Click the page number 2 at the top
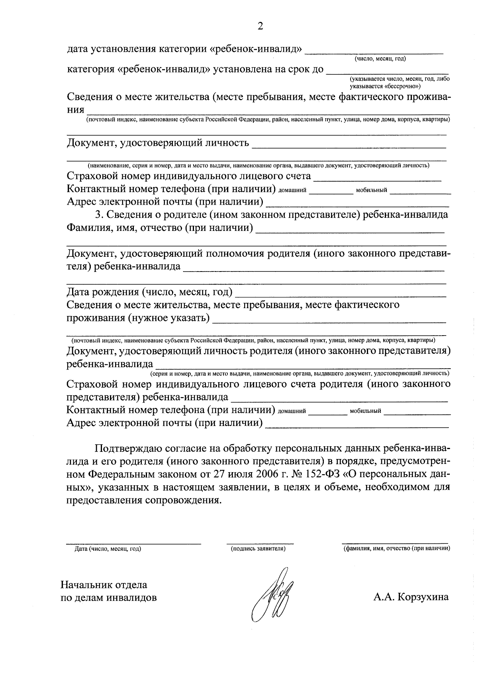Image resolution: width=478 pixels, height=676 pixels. pos(261,26)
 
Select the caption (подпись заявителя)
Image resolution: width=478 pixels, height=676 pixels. pos(258,549)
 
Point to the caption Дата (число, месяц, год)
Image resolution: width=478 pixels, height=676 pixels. pos(108,549)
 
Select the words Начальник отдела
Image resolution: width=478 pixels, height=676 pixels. pos(104,585)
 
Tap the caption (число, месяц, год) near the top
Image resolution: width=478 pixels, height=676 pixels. pos(380,59)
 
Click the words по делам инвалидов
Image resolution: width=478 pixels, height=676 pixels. pos(108,598)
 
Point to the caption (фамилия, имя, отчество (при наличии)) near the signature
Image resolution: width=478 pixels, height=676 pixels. pos(397,549)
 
